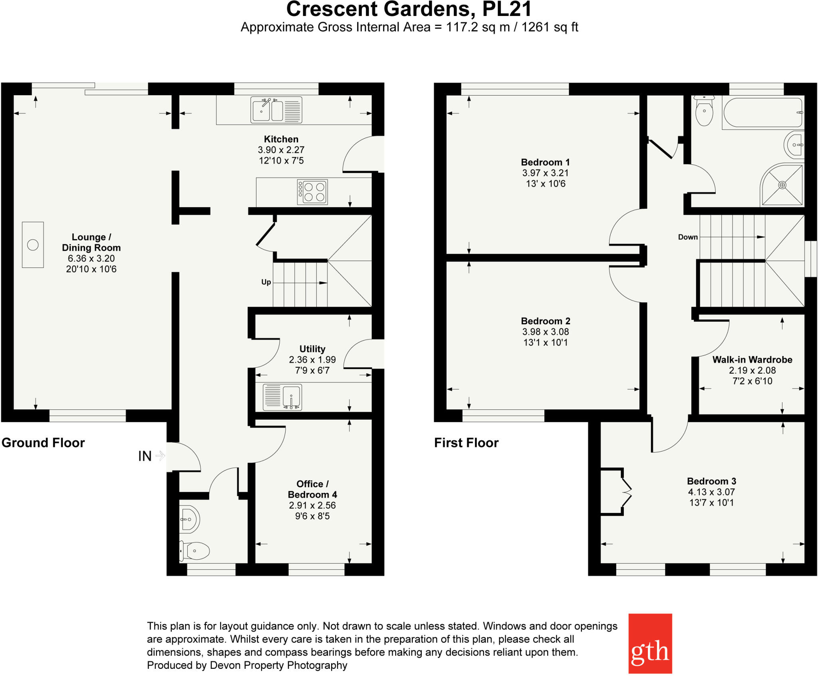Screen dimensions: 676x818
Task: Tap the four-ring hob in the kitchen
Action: point(313,192)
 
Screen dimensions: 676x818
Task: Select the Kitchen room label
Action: point(281,139)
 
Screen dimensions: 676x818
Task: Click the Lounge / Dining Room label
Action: point(91,242)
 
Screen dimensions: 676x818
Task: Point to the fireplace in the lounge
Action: point(33,245)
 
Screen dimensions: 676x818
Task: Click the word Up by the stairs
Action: point(266,282)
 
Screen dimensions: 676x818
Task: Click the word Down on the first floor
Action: point(687,237)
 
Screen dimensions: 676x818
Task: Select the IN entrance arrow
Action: point(160,456)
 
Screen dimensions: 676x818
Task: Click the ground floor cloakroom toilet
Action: point(196,551)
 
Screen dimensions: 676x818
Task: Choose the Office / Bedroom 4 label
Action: point(312,489)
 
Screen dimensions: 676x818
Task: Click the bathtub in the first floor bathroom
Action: point(762,113)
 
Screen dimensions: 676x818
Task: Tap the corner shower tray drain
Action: point(782,185)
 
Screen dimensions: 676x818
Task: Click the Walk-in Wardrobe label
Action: point(752,360)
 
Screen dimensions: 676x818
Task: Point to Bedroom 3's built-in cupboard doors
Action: point(626,492)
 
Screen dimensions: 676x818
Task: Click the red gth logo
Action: point(650,643)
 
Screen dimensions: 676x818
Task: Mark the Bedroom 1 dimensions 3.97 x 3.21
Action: point(545,173)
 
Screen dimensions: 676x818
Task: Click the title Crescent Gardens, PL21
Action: point(409,10)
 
